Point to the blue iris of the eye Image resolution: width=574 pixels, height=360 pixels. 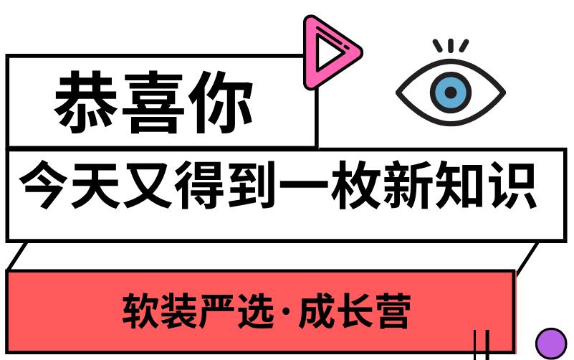451,93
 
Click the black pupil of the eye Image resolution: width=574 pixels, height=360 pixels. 451,93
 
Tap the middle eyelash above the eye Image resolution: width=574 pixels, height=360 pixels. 451,45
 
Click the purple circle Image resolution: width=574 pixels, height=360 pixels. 551,344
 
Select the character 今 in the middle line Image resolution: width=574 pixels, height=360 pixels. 43,185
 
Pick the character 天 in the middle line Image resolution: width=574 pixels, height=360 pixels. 95,185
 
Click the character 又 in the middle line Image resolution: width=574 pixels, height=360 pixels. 148,185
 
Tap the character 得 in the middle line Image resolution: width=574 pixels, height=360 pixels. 199,185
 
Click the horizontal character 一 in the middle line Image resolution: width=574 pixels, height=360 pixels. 304,186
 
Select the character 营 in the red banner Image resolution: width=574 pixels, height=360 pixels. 393,311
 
